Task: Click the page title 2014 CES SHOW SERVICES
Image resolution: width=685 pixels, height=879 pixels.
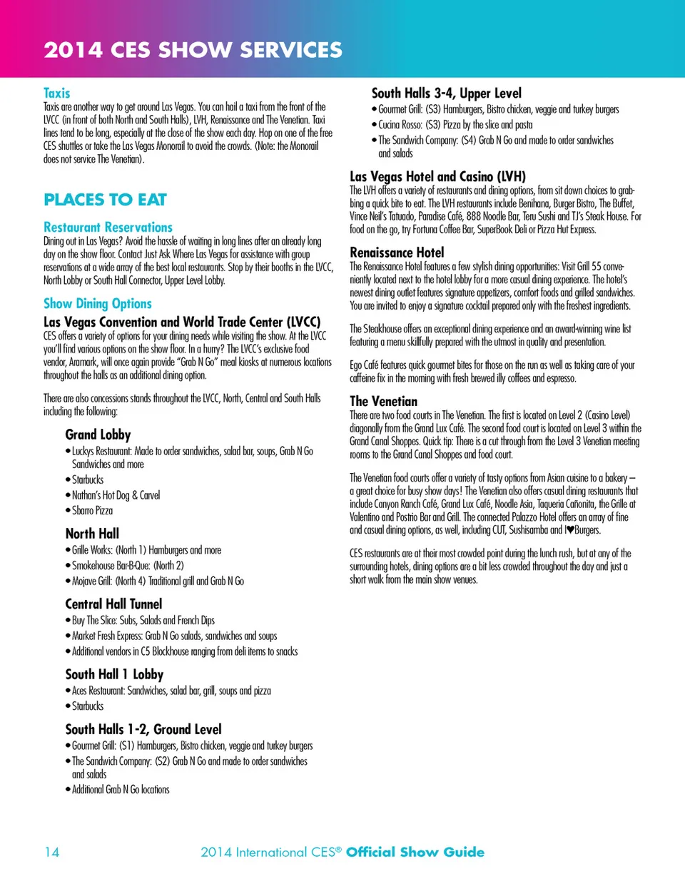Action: [193, 50]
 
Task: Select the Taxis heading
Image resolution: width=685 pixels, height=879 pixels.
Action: [57, 93]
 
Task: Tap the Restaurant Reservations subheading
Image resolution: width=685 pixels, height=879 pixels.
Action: [108, 228]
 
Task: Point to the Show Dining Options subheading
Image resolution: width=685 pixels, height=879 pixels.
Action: [98, 304]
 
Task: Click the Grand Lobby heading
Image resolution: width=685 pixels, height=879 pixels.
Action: [98, 435]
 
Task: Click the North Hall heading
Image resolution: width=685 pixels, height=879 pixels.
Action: [92, 534]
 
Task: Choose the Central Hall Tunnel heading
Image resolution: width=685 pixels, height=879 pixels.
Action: [114, 604]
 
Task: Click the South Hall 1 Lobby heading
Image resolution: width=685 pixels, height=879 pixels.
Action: [114, 674]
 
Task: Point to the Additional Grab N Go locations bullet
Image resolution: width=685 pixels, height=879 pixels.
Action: [121, 789]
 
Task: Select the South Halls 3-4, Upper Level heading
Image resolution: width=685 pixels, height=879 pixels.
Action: [447, 93]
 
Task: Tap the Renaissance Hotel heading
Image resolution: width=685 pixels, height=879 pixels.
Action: [397, 252]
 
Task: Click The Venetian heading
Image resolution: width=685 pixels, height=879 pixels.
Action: [384, 401]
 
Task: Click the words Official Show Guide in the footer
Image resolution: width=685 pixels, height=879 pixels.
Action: [415, 852]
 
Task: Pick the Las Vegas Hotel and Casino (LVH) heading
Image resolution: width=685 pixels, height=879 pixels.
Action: [437, 176]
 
